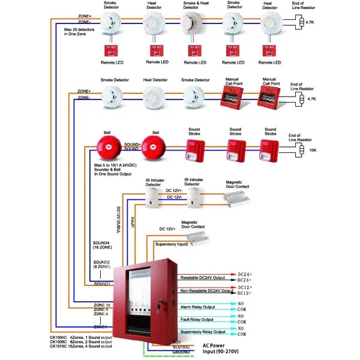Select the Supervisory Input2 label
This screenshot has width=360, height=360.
point(172,244)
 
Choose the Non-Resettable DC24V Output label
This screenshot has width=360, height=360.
point(205,290)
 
